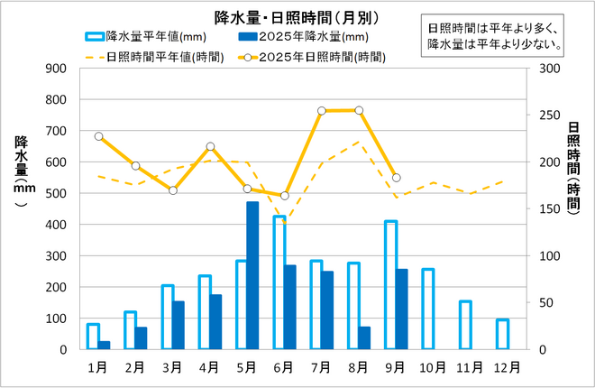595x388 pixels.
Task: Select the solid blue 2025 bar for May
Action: (252, 275)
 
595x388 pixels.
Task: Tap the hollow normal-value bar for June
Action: (279, 282)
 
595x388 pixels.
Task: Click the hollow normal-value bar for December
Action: (502, 334)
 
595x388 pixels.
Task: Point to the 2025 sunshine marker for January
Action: (98, 136)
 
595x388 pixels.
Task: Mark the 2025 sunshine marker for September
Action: (396, 178)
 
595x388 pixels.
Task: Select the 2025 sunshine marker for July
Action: (322, 111)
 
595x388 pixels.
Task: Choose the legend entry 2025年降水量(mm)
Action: (293, 37)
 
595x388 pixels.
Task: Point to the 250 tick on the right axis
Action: (546, 115)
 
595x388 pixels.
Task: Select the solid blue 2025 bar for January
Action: (105, 345)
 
